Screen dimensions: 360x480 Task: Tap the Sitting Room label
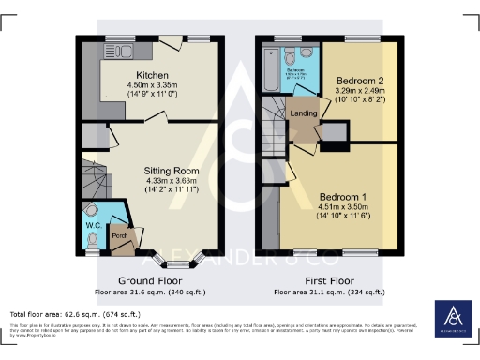[169, 171]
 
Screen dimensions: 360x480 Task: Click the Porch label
[120, 235]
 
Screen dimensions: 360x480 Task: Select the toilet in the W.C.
[92, 210]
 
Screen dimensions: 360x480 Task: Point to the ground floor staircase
[94, 176]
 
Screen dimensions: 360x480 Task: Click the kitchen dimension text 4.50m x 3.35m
[151, 85]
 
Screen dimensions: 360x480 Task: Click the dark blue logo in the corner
[454, 319]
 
